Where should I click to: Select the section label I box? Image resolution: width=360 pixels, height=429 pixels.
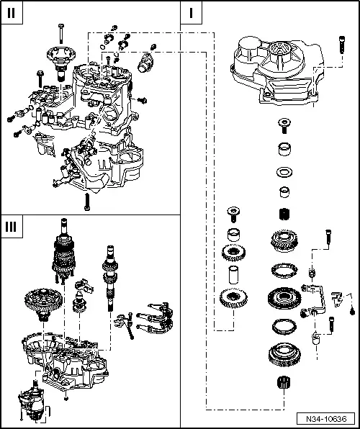point(192,13)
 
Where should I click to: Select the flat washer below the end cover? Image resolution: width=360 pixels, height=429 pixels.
point(283,173)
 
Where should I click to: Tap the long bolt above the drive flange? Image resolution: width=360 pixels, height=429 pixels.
point(60,30)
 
